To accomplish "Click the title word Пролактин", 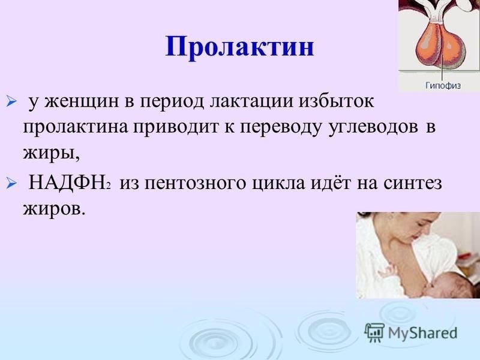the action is tap(239, 47).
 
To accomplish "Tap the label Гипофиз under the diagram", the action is tap(443, 85).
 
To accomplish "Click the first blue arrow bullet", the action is tap(11, 101).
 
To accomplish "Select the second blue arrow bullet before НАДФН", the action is tap(11, 184).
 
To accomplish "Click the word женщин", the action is tap(81, 101).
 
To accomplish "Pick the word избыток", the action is tap(337, 101).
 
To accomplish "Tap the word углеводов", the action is tap(373, 127).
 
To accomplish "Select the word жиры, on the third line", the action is tap(51, 152).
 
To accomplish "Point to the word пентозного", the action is tap(196, 184).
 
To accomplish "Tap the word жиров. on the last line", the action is tap(53, 209).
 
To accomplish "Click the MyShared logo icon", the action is tap(374, 332).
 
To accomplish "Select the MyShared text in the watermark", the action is tap(422, 333).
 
